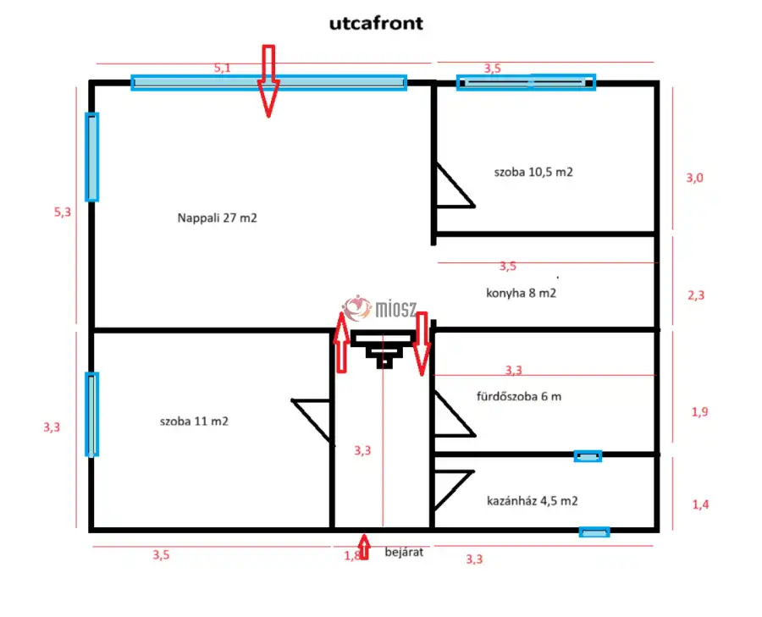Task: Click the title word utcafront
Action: click(376, 24)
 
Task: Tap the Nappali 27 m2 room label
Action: click(217, 218)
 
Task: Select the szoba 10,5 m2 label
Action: click(533, 172)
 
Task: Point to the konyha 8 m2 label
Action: click(521, 293)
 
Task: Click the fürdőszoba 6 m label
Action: click(519, 396)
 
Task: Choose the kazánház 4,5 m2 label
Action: click(533, 500)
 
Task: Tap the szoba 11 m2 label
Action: click(193, 421)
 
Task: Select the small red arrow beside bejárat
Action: click(364, 548)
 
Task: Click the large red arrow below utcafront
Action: click(268, 80)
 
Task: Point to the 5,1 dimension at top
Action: click(222, 69)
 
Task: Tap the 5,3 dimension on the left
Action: click(63, 212)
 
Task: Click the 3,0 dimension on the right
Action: click(694, 178)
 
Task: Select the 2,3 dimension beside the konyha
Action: click(694, 295)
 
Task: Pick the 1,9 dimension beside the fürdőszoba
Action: click(699, 412)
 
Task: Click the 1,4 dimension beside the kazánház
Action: click(700, 504)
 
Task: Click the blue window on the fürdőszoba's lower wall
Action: click(588, 456)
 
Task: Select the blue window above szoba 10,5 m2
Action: click(526, 82)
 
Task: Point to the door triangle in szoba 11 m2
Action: click(313, 417)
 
